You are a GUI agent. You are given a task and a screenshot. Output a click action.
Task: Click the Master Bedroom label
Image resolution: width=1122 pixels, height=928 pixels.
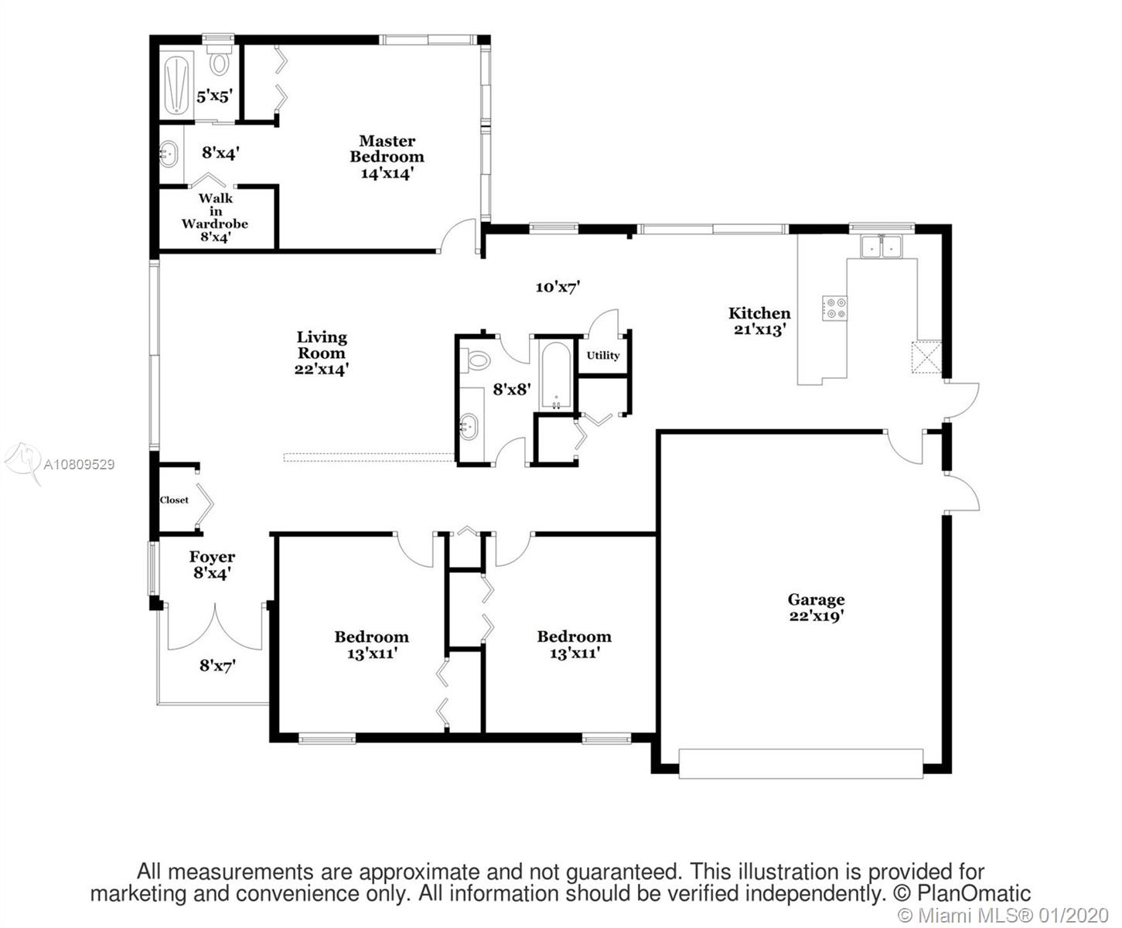[387, 148]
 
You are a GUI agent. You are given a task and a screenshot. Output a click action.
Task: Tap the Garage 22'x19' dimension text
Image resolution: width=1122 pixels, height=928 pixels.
[816, 616]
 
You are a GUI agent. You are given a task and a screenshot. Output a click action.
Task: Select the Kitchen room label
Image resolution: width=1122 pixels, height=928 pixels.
[759, 312]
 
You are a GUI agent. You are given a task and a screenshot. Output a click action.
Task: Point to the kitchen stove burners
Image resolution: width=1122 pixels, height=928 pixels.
[834, 309]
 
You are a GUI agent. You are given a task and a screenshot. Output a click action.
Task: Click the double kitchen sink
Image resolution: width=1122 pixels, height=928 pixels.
[882, 247]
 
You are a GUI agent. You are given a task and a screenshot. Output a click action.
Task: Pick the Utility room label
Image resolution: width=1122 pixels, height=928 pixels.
[603, 355]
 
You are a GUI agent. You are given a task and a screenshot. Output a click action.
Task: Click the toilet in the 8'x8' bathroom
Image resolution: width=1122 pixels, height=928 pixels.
[475, 360]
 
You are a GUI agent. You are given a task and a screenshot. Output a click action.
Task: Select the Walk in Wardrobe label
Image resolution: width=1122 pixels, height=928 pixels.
[215, 211]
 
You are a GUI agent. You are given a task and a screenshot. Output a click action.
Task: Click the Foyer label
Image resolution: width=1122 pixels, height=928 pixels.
[212, 557]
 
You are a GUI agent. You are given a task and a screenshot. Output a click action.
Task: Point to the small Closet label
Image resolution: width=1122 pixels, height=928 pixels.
[174, 500]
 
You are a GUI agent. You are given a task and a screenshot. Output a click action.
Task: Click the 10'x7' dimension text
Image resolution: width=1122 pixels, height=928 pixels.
[558, 287]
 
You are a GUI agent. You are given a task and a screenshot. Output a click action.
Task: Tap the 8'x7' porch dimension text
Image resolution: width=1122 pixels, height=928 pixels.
[217, 666]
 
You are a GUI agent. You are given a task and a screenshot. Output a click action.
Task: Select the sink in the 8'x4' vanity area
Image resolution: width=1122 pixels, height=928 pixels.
[169, 154]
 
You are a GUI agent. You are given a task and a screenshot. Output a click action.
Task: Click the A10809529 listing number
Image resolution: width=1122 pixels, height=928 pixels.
[79, 464]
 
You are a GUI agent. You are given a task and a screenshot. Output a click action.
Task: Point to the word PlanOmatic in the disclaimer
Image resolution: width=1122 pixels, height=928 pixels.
[974, 893]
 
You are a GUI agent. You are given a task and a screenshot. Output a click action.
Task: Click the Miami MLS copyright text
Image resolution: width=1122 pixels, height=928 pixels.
[1003, 915]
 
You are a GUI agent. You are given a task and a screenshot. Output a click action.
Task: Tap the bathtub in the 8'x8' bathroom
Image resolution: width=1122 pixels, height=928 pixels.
[556, 375]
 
